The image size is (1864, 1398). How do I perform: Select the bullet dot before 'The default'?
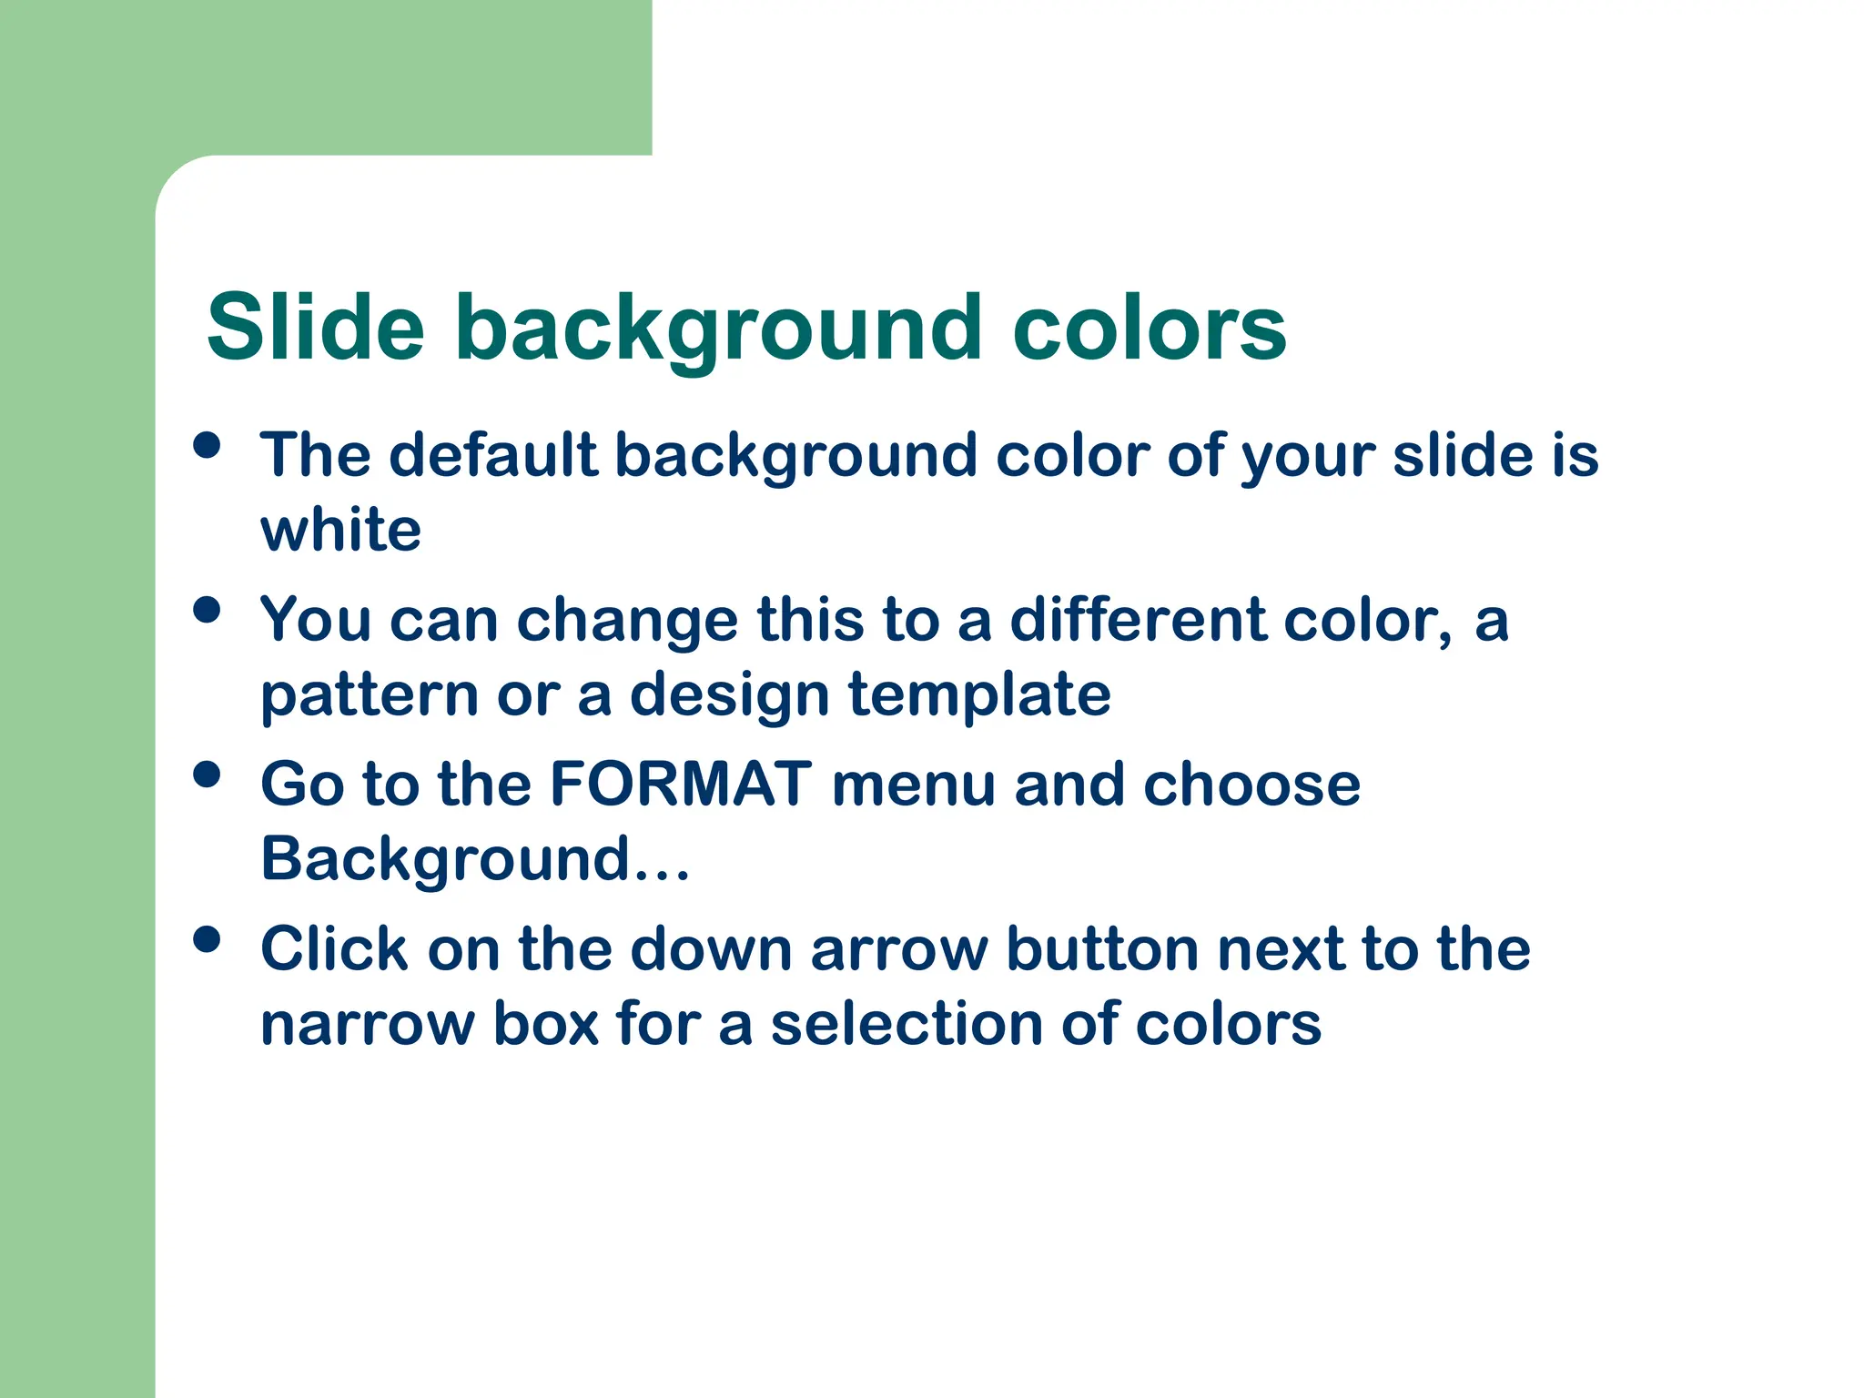pos(208,445)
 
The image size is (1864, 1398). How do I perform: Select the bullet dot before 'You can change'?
pos(208,610)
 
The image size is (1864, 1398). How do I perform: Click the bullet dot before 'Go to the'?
pos(208,775)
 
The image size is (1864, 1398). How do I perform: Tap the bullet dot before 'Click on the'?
pos(208,939)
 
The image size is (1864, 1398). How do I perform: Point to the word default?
pos(492,454)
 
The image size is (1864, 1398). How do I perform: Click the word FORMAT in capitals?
pos(681,784)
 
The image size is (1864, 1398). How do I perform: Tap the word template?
pos(979,694)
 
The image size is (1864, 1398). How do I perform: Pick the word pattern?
pos(369,696)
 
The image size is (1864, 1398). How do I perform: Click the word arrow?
pos(898,950)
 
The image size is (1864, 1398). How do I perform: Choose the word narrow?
pos(367,1025)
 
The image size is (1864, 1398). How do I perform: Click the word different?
pos(1137,620)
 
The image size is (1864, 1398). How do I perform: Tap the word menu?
pos(913,785)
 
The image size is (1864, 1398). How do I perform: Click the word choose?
pos(1251,785)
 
